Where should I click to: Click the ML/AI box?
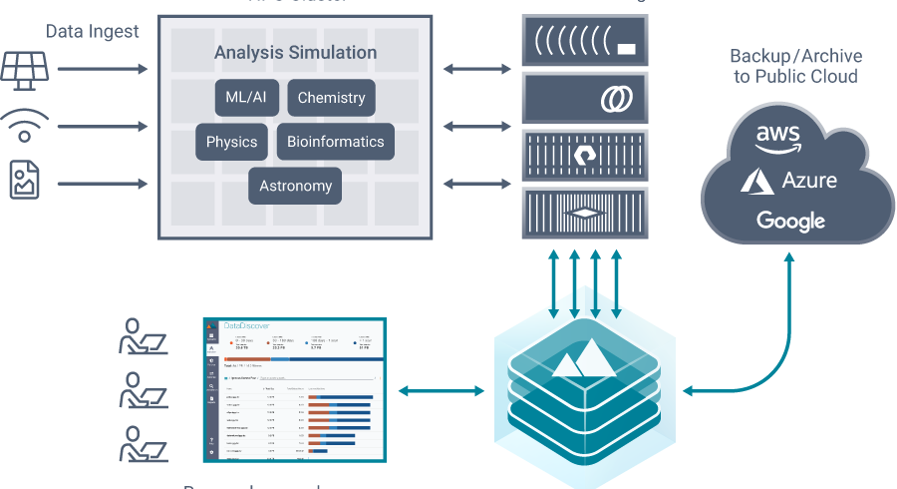pyautogui.click(x=245, y=98)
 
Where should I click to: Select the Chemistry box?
pyautogui.click(x=331, y=98)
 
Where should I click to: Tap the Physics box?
pyautogui.click(x=231, y=142)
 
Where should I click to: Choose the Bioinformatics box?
pyautogui.click(x=335, y=142)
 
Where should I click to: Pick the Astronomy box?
pyautogui.click(x=295, y=186)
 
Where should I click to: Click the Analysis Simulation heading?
pyautogui.click(x=295, y=52)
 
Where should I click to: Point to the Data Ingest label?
pyautogui.click(x=93, y=32)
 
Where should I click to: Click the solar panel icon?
pyautogui.click(x=23, y=69)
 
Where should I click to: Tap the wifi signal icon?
pyautogui.click(x=25, y=127)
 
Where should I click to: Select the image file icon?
pyautogui.click(x=24, y=183)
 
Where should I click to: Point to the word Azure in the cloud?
pyautogui.click(x=808, y=181)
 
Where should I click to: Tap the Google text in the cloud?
pyautogui.click(x=790, y=221)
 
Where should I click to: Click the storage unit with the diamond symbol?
pyautogui.click(x=585, y=213)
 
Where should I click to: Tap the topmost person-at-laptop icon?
pyautogui.click(x=142, y=338)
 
